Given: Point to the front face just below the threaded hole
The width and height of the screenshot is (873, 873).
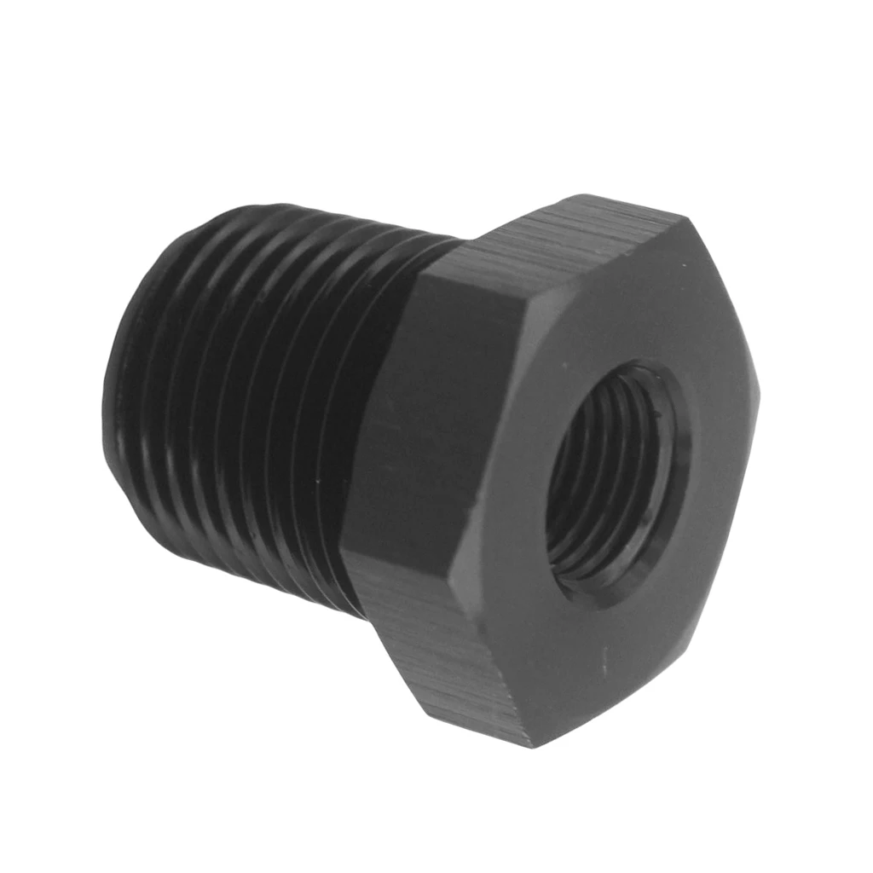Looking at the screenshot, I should click(614, 648).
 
